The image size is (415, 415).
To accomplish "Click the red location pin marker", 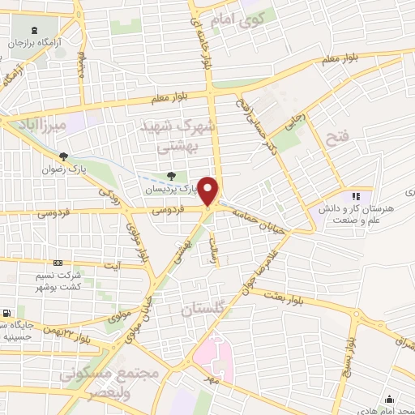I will [209, 190].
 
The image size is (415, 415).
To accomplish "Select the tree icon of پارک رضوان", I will [63, 156].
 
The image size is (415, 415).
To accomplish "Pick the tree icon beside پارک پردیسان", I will [169, 176].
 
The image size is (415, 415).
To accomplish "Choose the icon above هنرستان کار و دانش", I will [355, 195].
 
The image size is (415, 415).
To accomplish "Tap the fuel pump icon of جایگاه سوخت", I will [7, 312].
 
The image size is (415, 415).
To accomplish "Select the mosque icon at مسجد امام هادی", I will [390, 399].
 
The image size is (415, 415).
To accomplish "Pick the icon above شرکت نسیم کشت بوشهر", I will [58, 263].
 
